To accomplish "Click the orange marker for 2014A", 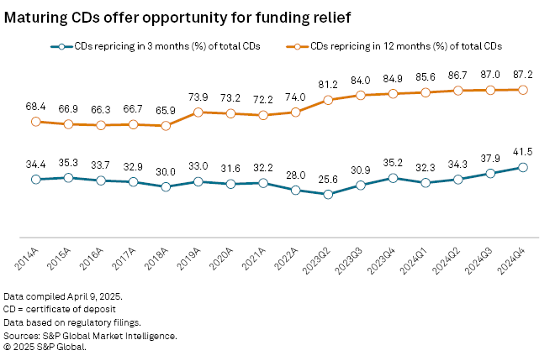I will (x=36, y=122).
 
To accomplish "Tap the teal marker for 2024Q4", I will (x=523, y=167).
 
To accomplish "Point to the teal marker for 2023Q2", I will (x=328, y=194).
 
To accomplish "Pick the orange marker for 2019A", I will (x=198, y=112).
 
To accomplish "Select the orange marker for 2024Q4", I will (x=523, y=90).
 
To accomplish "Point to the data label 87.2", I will (x=523, y=73).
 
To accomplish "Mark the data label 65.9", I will (x=166, y=109).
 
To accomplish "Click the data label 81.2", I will (x=328, y=83).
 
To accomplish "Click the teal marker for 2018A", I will (x=166, y=186).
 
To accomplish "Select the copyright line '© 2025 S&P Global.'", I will (x=45, y=345).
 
